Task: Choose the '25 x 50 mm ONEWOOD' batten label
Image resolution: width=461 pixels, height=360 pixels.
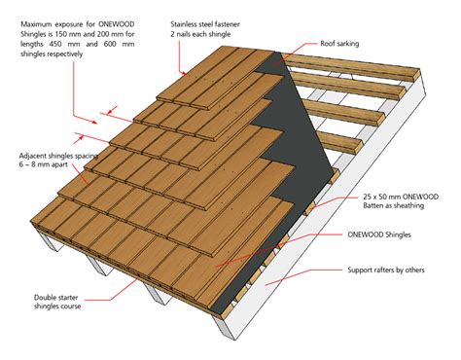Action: (x=399, y=195)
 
